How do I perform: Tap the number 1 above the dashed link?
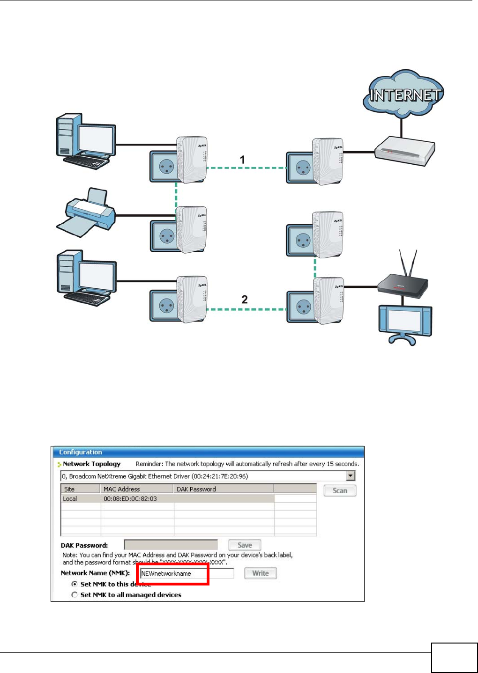(x=242, y=160)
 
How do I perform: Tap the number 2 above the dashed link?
(x=244, y=300)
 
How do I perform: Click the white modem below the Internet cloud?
(x=405, y=150)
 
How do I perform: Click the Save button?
(x=245, y=545)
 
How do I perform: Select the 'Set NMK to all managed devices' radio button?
(x=75, y=595)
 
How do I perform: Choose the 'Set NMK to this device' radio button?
(x=75, y=584)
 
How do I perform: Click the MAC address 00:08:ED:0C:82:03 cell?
(x=130, y=499)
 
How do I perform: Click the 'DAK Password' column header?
(x=196, y=489)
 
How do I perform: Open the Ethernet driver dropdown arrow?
(x=350, y=476)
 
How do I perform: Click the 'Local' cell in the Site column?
(x=70, y=499)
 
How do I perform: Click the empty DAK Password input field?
(x=171, y=545)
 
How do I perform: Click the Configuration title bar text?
(x=81, y=452)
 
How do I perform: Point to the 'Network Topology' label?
(x=92, y=464)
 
